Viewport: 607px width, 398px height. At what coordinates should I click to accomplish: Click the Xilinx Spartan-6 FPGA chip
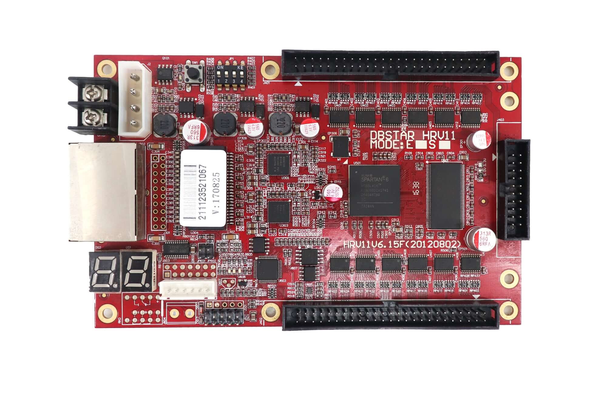tap(374, 190)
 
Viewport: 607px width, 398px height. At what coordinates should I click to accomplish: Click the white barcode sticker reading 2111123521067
tap(203, 188)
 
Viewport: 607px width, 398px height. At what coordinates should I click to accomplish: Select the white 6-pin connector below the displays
tap(188, 289)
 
